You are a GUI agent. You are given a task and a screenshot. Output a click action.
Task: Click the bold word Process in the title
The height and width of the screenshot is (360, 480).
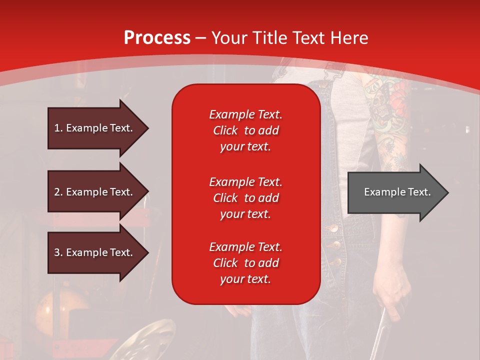tap(157, 38)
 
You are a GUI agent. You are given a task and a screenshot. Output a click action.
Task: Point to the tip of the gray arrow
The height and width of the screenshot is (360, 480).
tap(447, 192)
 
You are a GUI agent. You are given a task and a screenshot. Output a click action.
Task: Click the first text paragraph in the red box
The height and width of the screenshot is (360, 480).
tap(245, 130)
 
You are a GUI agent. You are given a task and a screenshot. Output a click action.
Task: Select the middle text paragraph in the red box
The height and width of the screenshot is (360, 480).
tap(245, 198)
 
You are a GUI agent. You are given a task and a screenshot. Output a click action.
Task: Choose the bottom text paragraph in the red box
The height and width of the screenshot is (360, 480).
tap(245, 263)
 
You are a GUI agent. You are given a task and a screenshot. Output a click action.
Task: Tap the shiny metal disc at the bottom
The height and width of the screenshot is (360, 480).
tap(150, 340)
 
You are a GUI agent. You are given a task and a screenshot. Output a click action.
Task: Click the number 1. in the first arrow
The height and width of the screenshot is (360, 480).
tap(58, 128)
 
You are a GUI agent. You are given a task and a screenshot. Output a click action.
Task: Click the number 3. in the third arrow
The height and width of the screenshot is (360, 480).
tap(58, 252)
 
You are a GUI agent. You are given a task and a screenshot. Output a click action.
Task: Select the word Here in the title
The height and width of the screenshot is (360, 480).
tap(350, 38)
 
